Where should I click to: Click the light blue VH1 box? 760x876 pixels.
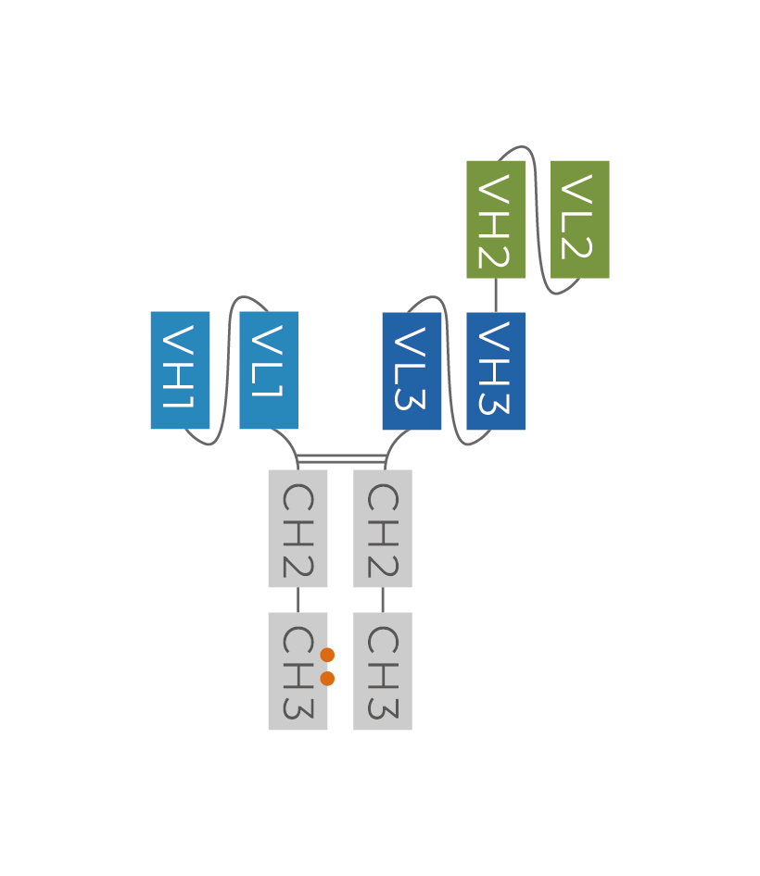click(x=180, y=370)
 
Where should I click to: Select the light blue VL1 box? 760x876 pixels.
click(x=269, y=370)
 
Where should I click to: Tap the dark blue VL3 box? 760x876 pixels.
click(x=412, y=371)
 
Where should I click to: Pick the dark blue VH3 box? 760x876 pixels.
click(x=496, y=371)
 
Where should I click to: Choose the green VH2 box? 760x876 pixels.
click(x=496, y=219)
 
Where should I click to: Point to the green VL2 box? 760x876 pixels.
click(x=580, y=219)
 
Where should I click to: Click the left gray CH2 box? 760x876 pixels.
click(x=298, y=529)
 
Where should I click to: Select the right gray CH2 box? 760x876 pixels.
click(x=383, y=529)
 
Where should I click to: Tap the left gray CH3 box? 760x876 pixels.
click(x=298, y=671)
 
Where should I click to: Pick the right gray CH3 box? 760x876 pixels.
click(x=383, y=671)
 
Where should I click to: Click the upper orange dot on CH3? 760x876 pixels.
click(x=327, y=656)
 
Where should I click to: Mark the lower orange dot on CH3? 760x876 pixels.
click(x=327, y=679)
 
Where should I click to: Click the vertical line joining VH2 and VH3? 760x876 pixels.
click(x=496, y=295)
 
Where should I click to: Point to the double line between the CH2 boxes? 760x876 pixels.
click(x=341, y=458)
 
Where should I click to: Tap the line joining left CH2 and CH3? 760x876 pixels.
click(x=298, y=599)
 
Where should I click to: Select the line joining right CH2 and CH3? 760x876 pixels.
click(x=383, y=599)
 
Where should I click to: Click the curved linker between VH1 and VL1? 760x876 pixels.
click(x=227, y=370)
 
